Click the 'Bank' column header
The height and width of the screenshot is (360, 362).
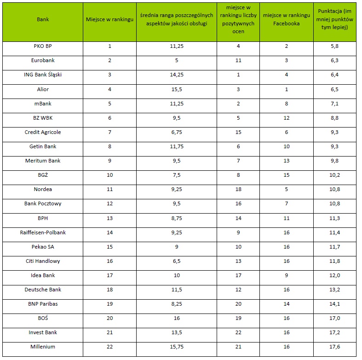click(x=43, y=20)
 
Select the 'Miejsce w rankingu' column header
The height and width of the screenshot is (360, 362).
click(x=109, y=20)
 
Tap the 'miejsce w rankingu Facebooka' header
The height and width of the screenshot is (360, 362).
click(x=287, y=20)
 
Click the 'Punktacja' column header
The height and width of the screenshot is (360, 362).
click(x=335, y=20)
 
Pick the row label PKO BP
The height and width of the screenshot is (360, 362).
click(x=43, y=46)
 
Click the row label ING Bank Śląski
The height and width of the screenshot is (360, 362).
click(x=43, y=75)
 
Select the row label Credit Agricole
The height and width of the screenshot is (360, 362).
click(x=43, y=132)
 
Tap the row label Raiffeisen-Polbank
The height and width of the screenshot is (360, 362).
click(x=43, y=232)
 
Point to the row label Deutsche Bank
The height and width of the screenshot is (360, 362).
click(x=43, y=290)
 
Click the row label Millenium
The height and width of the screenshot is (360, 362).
click(x=43, y=347)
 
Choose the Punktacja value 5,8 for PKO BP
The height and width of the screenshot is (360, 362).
click(x=335, y=46)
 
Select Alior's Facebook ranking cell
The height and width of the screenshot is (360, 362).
click(x=287, y=89)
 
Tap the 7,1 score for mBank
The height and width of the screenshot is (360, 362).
click(x=335, y=104)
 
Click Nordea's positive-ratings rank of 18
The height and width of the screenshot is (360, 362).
click(x=238, y=189)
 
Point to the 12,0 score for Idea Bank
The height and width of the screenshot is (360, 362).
click(x=335, y=275)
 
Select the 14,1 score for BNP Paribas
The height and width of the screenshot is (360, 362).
click(x=335, y=304)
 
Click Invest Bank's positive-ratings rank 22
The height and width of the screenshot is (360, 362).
click(x=238, y=332)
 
